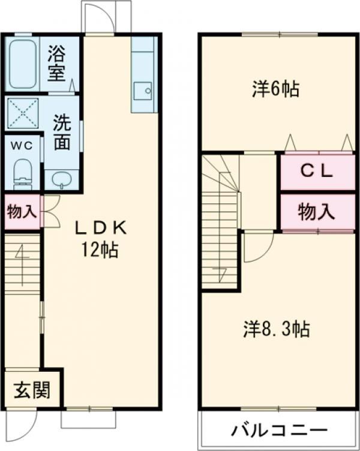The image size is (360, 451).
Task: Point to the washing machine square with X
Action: (23, 113)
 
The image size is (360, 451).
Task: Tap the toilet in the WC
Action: (23, 171)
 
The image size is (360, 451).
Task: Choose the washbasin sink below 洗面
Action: (61, 179)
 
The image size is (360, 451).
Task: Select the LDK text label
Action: (101, 227)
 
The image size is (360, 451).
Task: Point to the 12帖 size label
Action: (101, 249)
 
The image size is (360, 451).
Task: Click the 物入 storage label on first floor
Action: (22, 211)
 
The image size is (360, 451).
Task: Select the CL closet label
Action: (316, 171)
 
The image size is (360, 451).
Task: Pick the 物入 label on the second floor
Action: (316, 211)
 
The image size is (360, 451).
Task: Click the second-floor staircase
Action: (220, 222)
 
